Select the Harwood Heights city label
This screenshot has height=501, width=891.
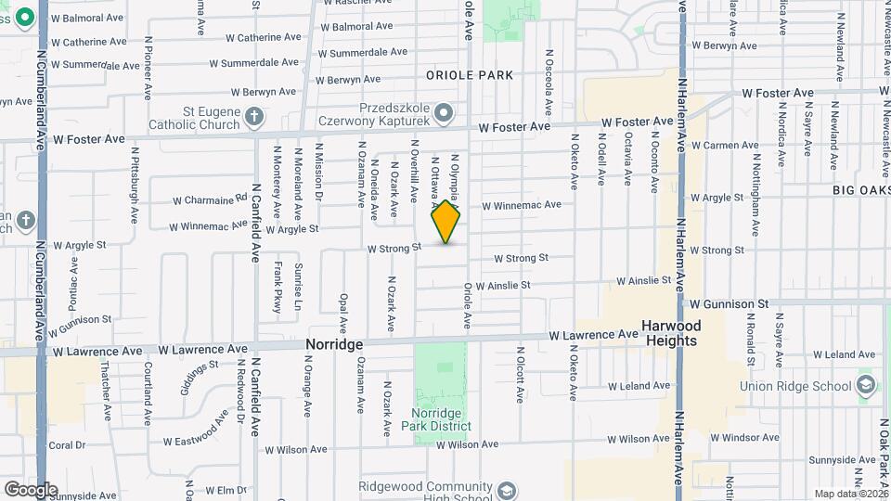670,333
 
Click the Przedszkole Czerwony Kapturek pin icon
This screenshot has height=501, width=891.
445,113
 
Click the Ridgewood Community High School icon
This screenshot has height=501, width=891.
507,490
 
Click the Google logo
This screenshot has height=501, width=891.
31,490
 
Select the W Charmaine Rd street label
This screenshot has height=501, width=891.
211,199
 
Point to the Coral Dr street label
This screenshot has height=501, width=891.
67,445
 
